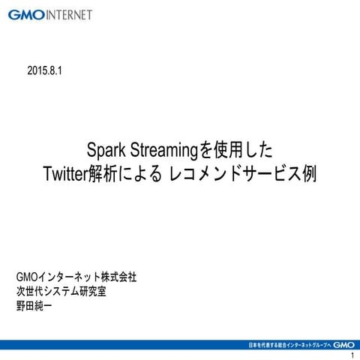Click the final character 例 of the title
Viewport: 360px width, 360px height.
(308, 173)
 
